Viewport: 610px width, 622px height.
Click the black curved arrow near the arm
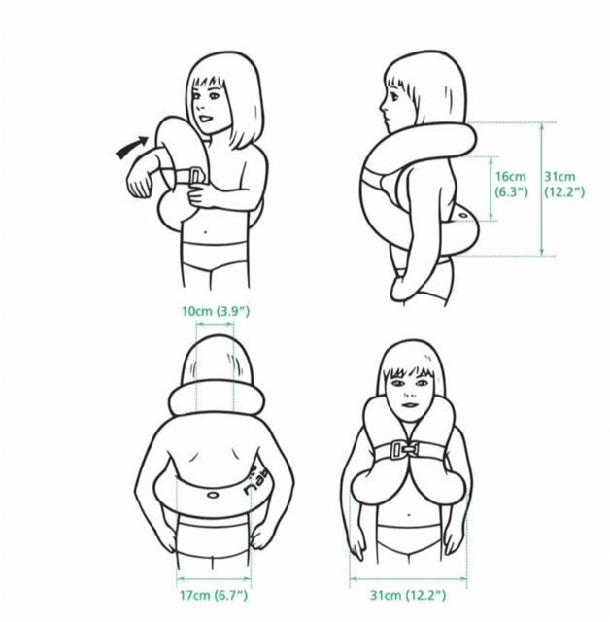131,147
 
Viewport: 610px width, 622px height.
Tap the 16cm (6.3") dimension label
511,185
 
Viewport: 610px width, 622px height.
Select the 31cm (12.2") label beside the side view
564,185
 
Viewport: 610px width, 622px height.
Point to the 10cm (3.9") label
216,311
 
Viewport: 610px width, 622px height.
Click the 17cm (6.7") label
214,595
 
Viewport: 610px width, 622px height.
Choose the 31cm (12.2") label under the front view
408,595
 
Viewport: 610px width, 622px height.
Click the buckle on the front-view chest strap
404,450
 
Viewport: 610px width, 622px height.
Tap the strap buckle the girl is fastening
196,176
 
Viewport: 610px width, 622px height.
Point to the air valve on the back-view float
213,495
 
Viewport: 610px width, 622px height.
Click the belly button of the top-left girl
205,231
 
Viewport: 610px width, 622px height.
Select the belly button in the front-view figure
409,516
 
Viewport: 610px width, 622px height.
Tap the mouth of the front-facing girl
410,405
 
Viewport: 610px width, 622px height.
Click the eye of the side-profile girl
395,94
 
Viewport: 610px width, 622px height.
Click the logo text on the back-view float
254,481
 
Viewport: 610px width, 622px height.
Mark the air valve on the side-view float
463,216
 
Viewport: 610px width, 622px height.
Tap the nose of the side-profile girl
383,106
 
